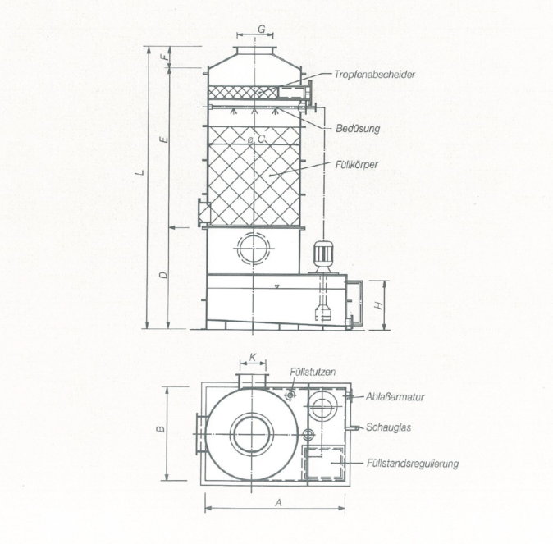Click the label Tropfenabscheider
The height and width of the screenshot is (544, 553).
(x=373, y=75)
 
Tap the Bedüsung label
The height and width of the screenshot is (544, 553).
(x=359, y=129)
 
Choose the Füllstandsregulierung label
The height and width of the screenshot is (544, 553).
(x=412, y=464)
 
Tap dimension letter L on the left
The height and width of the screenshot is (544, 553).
(x=141, y=173)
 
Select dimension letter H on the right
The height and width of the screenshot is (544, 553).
(x=378, y=304)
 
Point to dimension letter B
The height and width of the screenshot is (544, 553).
(x=161, y=427)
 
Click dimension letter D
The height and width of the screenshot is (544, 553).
(x=163, y=274)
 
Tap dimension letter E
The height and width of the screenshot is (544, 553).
(x=163, y=141)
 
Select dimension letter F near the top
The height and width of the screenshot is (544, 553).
(x=163, y=58)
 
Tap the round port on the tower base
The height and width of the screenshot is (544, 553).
(x=253, y=247)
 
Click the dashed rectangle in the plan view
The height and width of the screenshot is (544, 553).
(x=323, y=464)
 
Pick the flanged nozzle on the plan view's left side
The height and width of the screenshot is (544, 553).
(x=200, y=434)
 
